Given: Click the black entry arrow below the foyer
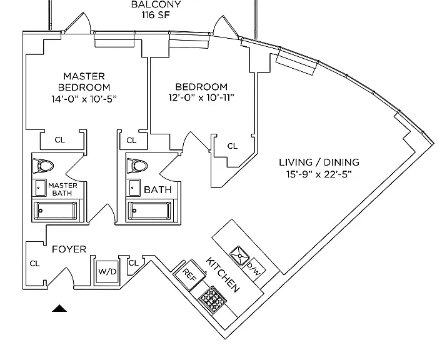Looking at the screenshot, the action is click(x=59, y=308).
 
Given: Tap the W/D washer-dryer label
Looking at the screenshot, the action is click(x=107, y=272).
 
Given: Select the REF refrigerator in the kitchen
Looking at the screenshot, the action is click(x=189, y=274).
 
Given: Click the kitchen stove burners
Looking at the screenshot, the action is click(x=213, y=299).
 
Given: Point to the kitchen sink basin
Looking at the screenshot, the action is click(x=239, y=256).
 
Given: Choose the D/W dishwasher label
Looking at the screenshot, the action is click(x=253, y=269).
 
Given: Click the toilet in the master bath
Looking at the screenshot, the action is click(x=43, y=166).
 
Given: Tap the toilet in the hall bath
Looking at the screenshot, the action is click(x=137, y=166).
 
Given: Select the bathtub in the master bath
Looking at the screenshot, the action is click(x=56, y=211).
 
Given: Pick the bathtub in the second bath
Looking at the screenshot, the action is click(x=149, y=211).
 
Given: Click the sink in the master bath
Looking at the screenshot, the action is click(x=41, y=188).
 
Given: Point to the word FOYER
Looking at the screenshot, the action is click(x=69, y=249).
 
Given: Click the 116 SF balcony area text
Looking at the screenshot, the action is click(x=156, y=15).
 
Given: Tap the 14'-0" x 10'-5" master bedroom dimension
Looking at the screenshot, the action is click(x=84, y=99).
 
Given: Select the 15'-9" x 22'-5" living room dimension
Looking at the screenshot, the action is click(x=319, y=174).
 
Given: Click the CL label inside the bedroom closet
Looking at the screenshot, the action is click(x=233, y=146).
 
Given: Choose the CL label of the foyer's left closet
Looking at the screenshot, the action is click(x=35, y=264).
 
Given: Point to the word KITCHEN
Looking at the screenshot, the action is click(x=223, y=274).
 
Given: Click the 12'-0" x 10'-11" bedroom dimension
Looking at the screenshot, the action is click(x=201, y=97).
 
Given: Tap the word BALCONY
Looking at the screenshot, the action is click(x=156, y=4).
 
